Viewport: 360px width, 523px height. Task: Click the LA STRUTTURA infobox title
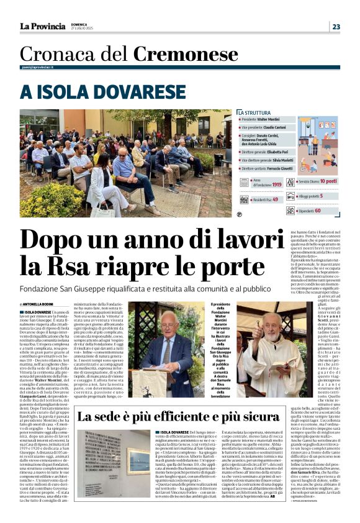coord(256,112)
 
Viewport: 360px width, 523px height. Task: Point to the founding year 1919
coord(277,184)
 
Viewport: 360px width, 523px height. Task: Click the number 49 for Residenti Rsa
coord(275,199)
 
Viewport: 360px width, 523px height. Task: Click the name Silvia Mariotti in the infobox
coord(284,160)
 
